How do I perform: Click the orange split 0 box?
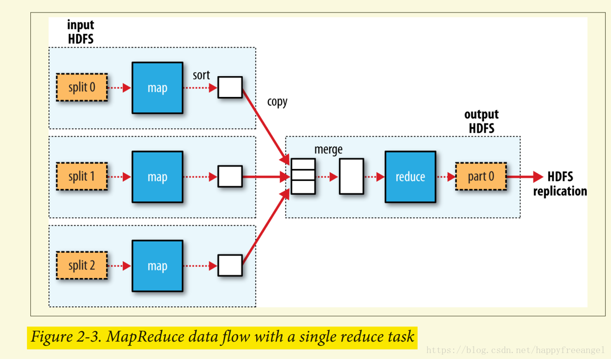[x=82, y=88]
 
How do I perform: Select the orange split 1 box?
[x=82, y=177]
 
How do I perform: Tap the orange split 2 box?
[x=82, y=266]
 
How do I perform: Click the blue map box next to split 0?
[x=157, y=88]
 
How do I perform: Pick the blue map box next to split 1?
[x=157, y=177]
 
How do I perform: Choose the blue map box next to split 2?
[x=157, y=266]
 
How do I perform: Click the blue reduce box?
[x=410, y=177]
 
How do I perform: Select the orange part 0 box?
[x=481, y=177]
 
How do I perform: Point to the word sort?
[x=202, y=76]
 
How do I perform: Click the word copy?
[x=277, y=102]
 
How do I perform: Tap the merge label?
[x=328, y=149]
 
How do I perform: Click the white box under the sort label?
[x=230, y=88]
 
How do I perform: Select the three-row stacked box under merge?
[x=303, y=176]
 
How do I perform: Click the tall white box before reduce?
[x=351, y=177]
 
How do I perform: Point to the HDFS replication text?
[x=560, y=184]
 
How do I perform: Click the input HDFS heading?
[x=81, y=32]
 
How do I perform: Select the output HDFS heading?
[x=482, y=121]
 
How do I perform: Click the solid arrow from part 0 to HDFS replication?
[x=524, y=177]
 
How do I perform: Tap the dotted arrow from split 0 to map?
[x=120, y=88]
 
